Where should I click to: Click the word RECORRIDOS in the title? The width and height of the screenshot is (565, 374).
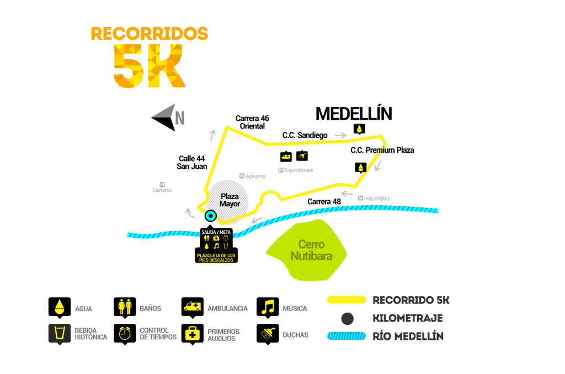(x=150, y=34)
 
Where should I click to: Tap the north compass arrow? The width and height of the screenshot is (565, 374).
(x=164, y=117)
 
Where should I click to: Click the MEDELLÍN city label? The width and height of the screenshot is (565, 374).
(x=354, y=113)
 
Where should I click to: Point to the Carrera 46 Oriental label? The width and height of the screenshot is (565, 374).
(x=252, y=122)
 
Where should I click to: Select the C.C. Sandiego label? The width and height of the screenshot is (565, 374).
(x=305, y=135)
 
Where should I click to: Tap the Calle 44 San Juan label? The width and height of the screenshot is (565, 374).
(x=191, y=162)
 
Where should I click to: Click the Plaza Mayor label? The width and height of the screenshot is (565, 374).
(x=230, y=200)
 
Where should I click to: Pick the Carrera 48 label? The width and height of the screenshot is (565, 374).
(x=324, y=202)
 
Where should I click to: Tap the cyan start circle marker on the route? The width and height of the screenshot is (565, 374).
(x=210, y=216)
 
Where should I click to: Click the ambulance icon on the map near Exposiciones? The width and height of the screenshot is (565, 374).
(x=286, y=157)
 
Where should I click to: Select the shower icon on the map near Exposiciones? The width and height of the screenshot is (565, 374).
(x=302, y=156)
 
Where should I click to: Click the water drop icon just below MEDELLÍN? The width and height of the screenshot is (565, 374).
(x=359, y=129)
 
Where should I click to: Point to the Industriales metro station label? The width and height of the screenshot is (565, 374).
(x=374, y=198)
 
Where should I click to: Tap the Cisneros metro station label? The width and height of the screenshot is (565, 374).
(x=162, y=188)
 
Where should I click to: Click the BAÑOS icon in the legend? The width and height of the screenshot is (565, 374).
(x=125, y=307)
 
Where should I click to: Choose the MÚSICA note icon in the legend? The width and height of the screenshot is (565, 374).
(x=268, y=307)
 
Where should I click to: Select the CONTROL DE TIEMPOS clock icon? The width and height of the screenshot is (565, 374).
(x=125, y=334)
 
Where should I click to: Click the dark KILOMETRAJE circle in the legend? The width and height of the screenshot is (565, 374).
(x=348, y=318)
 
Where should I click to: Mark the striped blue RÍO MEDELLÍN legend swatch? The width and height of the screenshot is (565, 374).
(x=347, y=336)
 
